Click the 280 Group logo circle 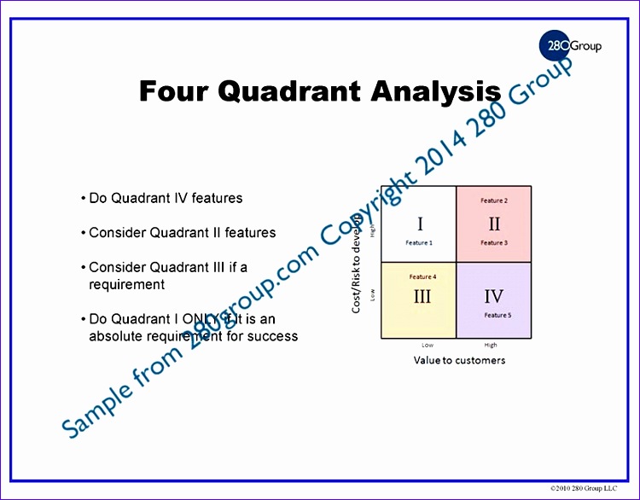(x=554, y=45)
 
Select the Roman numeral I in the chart (x=419, y=224)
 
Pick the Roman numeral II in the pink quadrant (x=494, y=224)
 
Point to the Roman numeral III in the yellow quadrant (x=422, y=296)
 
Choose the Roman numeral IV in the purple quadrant (x=494, y=296)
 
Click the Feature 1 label (x=419, y=243)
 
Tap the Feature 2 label (x=494, y=201)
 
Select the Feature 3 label (x=494, y=243)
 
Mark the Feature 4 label (x=422, y=276)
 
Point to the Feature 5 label (x=497, y=316)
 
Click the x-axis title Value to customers (x=459, y=360)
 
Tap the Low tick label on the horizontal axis (x=428, y=346)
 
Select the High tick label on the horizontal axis (x=491, y=346)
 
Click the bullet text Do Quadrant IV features (x=166, y=198)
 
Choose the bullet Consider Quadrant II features (x=182, y=232)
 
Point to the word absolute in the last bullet (x=119, y=335)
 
